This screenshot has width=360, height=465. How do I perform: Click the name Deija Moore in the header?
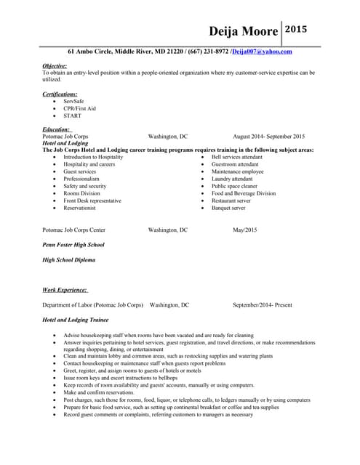tap(244, 31)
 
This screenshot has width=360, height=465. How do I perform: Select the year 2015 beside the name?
tap(296, 30)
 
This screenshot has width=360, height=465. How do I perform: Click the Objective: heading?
tap(55, 65)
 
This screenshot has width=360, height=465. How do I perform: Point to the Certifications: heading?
tap(60, 94)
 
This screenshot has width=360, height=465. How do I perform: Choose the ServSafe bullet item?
tap(73, 102)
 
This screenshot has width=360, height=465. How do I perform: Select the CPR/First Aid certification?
tap(79, 109)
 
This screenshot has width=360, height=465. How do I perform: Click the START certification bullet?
tap(72, 116)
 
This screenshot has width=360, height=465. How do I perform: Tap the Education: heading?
tap(56, 129)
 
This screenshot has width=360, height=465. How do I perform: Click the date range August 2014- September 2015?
tap(268, 137)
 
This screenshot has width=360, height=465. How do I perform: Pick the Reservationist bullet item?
tap(79, 208)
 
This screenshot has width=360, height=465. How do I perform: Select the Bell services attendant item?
tap(236, 157)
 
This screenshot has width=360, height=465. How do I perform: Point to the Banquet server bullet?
tap(228, 208)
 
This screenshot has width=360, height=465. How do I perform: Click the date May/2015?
tap(244, 230)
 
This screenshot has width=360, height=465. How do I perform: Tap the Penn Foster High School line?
tap(73, 245)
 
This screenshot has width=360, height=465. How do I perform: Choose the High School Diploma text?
tap(68, 259)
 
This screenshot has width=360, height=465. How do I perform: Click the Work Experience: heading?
tap(65, 290)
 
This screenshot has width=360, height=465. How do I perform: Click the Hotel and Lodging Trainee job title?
tap(76, 320)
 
